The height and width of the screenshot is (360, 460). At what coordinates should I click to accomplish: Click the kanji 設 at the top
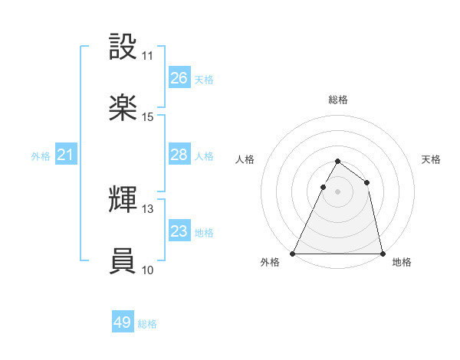tap(123, 47)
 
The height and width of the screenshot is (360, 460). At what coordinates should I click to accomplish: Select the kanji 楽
tap(123, 107)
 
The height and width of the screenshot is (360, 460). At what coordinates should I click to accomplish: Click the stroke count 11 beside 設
tap(147, 56)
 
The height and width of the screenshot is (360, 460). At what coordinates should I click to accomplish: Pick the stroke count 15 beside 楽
tap(147, 117)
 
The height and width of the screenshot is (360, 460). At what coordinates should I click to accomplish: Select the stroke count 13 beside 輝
tap(147, 209)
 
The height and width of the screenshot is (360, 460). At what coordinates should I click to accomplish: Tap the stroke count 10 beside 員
tap(147, 270)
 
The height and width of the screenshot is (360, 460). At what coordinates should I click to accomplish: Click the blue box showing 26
tap(179, 78)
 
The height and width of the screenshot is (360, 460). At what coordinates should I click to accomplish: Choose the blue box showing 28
tap(179, 155)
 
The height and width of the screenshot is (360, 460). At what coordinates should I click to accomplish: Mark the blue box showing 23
tap(179, 231)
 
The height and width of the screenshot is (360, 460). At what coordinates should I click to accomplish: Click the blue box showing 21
tap(66, 155)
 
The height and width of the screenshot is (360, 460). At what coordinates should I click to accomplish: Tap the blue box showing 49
tap(123, 322)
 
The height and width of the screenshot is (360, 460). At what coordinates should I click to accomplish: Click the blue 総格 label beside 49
tap(147, 324)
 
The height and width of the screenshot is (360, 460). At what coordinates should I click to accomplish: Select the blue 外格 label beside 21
tap(41, 156)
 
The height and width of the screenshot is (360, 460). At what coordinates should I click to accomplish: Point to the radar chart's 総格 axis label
tap(337, 100)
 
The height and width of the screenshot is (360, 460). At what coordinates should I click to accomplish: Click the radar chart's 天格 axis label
tap(431, 159)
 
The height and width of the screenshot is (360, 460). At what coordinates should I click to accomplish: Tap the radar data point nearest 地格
tap(382, 253)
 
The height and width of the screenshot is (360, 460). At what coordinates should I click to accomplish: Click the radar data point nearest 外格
tap(293, 253)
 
